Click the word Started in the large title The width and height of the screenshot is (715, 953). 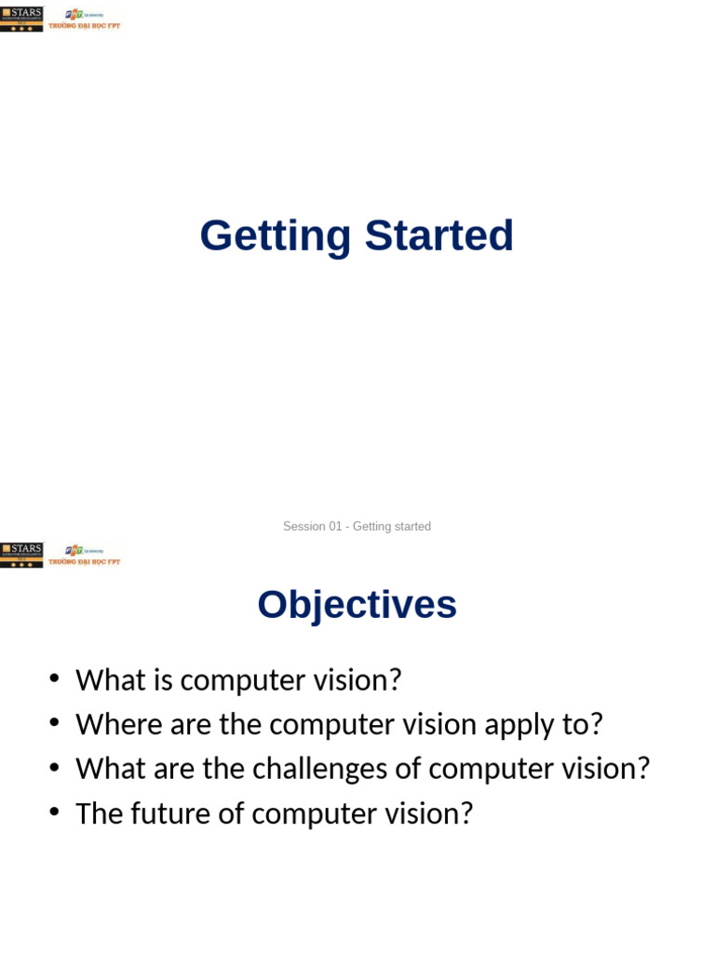(438, 236)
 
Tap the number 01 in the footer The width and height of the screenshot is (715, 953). (335, 527)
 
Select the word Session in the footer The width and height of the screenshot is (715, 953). (304, 527)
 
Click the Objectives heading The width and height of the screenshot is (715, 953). (357, 605)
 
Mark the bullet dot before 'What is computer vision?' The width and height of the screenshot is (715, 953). (55, 678)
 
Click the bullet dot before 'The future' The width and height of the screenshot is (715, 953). (55, 812)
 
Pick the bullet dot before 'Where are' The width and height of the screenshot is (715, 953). (55, 723)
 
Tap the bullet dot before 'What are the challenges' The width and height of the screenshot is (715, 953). (55, 768)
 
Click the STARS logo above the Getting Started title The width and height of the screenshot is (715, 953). (21, 19)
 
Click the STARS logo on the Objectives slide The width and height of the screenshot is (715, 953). (21, 555)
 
